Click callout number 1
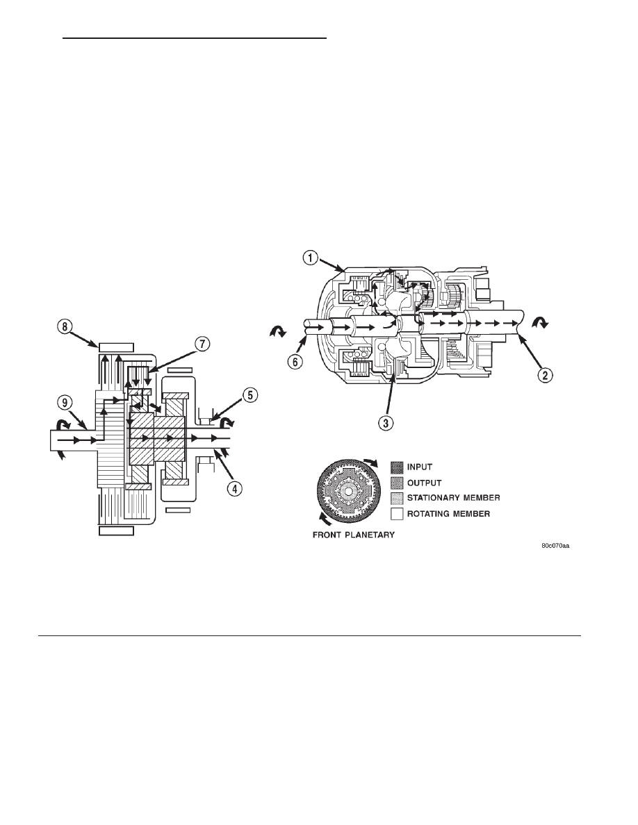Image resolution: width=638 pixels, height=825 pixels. (x=311, y=258)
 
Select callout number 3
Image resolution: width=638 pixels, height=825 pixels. (x=387, y=422)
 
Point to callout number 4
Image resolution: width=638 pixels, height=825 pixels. (x=235, y=488)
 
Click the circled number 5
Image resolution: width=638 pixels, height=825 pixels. (x=250, y=394)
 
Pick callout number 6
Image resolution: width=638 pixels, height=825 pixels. (x=296, y=362)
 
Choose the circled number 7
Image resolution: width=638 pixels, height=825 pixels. (x=202, y=344)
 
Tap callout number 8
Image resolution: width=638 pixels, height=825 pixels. (x=64, y=327)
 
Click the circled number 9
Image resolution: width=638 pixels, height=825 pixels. (x=64, y=403)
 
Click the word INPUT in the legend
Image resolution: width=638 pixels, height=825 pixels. (x=420, y=467)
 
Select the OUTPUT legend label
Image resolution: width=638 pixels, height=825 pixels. (x=424, y=483)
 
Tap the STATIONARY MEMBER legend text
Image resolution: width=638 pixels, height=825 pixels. (x=453, y=498)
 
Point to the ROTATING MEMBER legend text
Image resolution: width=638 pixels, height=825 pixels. (x=448, y=513)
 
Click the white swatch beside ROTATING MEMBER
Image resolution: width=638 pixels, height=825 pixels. (x=398, y=514)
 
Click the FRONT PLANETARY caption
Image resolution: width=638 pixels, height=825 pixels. (x=354, y=535)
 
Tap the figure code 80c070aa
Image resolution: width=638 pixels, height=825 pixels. (x=555, y=546)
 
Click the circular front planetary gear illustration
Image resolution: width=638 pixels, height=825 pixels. (x=348, y=492)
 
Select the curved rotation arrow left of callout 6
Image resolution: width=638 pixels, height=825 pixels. (x=277, y=331)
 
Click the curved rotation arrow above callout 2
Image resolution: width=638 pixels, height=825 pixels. (x=539, y=322)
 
